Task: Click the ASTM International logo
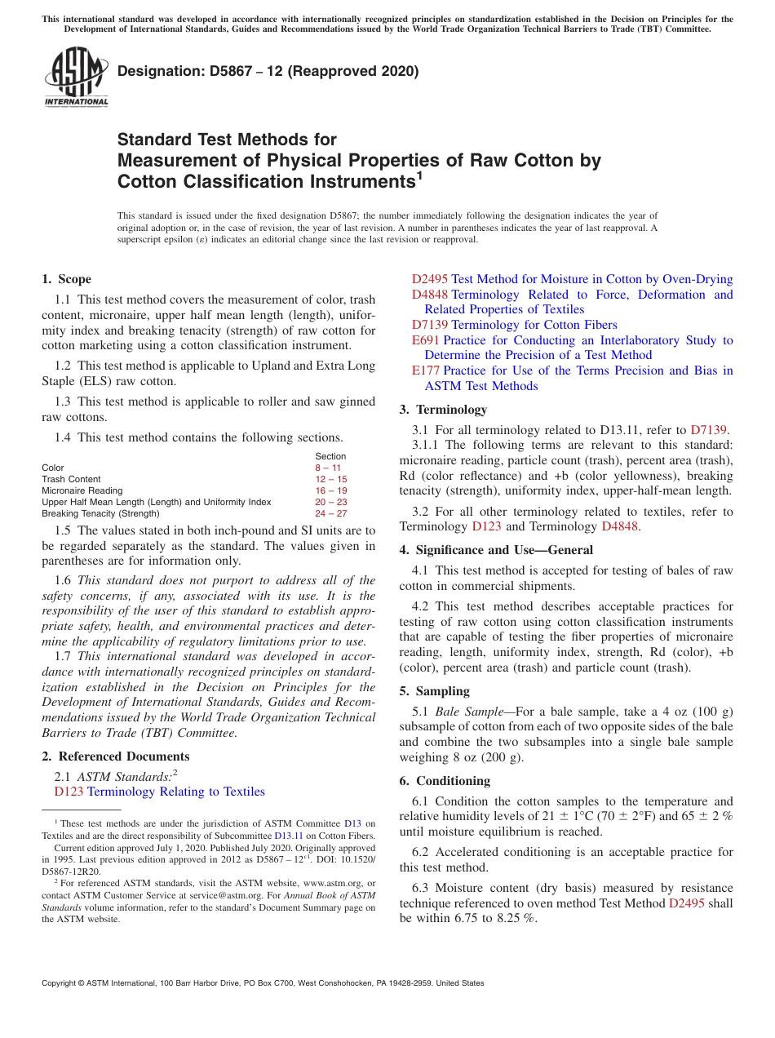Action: point(76,78)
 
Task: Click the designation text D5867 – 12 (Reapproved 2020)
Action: point(268,71)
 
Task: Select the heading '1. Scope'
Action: point(66,279)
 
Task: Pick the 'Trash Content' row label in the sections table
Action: point(71,479)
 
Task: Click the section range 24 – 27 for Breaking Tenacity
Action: point(330,513)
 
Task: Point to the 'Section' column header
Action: point(330,456)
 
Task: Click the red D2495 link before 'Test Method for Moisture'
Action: point(429,279)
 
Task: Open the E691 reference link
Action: point(425,340)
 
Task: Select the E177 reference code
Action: point(425,370)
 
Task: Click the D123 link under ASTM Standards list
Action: point(69,792)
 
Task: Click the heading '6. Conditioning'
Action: point(445,781)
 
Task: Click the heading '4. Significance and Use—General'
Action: point(496,550)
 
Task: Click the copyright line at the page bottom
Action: point(263,983)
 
